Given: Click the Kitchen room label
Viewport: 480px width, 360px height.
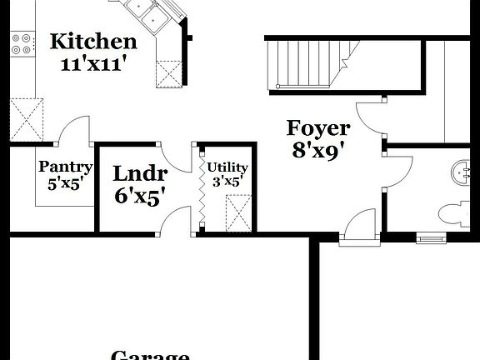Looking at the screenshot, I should (x=93, y=41).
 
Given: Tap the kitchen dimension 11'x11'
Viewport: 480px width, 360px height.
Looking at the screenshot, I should (x=93, y=64).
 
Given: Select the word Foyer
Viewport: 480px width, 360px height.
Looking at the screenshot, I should (x=318, y=127).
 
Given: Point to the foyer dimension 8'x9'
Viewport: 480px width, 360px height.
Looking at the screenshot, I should (x=318, y=151).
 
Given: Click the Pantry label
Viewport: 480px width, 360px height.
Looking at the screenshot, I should (x=65, y=167).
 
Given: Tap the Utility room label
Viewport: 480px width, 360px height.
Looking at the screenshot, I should (x=227, y=167).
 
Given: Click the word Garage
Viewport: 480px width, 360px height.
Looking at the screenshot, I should (x=150, y=355).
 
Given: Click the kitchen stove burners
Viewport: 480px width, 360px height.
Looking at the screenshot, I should (x=22, y=43).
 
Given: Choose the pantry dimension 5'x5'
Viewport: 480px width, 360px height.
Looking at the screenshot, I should (x=65, y=184).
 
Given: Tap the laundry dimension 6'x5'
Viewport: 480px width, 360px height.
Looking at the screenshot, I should (x=140, y=196).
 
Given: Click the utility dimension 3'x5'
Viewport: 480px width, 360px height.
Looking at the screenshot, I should (x=227, y=181).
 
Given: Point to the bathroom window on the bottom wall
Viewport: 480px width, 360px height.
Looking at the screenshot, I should (x=430, y=238).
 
